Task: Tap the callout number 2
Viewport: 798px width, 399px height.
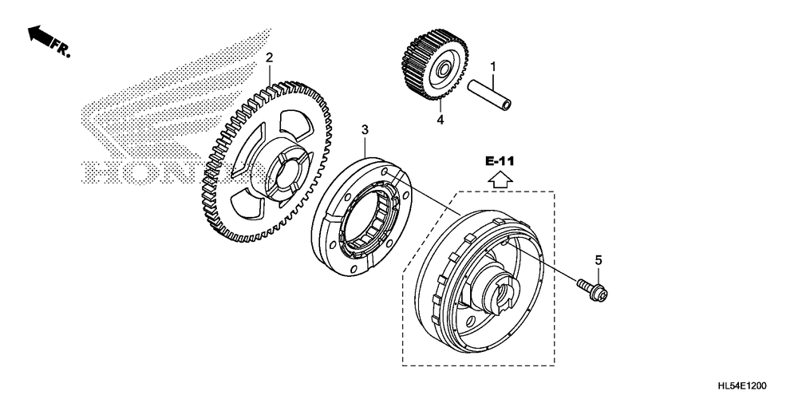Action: coord(270,57)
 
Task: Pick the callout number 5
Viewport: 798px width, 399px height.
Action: coord(598,259)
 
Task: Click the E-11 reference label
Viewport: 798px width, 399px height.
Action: coord(501,161)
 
